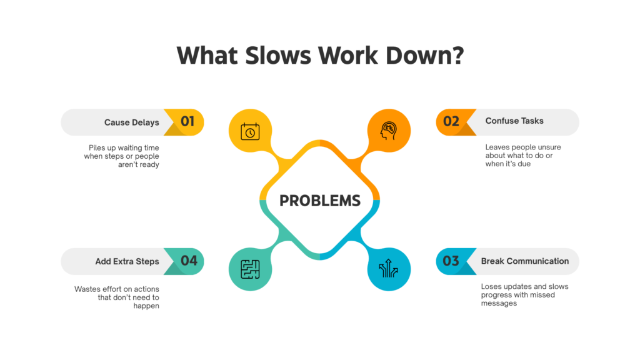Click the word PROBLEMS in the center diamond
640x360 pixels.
(319, 201)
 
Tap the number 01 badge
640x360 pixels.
(187, 121)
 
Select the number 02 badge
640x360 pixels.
(451, 121)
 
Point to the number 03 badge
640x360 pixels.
(451, 261)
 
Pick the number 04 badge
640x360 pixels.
(189, 261)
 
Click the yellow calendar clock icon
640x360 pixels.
(250, 132)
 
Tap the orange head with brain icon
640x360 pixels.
(389, 132)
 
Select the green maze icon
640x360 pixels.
(250, 269)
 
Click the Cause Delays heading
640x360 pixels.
(132, 122)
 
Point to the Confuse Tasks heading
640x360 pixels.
(514, 121)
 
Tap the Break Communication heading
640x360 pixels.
(525, 261)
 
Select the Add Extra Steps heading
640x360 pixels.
(127, 261)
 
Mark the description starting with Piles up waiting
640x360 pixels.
(122, 156)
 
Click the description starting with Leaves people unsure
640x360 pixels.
(523, 156)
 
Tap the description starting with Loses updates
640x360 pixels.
(524, 295)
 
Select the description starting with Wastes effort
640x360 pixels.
(117, 297)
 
